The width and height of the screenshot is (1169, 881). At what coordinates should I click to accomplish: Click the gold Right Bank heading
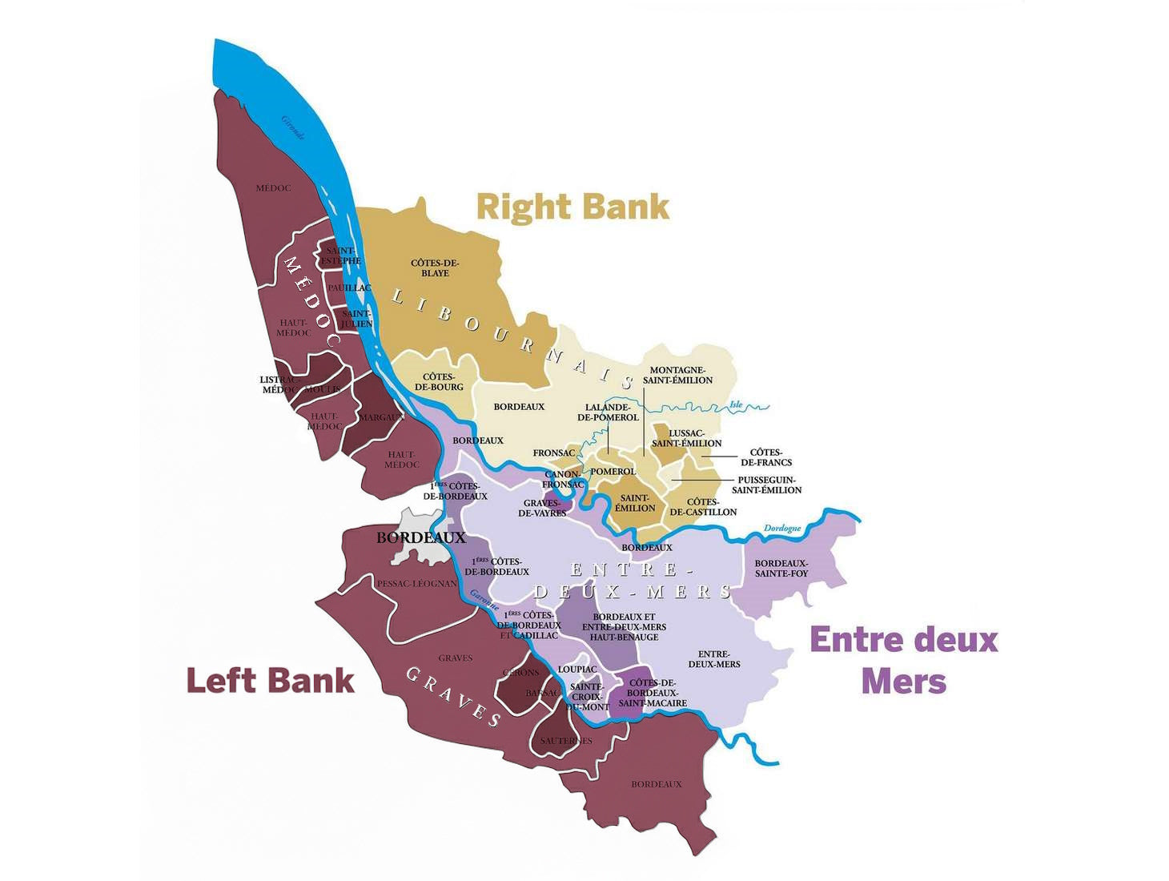click(x=572, y=207)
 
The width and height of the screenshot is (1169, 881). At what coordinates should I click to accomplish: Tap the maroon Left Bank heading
click(x=270, y=681)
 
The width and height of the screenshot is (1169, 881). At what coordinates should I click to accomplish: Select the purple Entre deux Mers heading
click(x=904, y=660)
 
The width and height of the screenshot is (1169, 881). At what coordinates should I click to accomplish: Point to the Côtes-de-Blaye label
click(x=435, y=268)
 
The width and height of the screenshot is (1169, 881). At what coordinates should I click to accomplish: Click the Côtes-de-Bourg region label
click(x=439, y=382)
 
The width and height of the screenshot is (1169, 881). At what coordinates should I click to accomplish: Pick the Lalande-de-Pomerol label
click(x=608, y=412)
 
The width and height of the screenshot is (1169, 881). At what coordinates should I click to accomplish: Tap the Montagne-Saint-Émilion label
click(x=677, y=375)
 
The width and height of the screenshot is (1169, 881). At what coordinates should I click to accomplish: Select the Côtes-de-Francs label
click(x=766, y=457)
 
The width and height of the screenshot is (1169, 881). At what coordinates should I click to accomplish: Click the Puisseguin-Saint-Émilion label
click(x=766, y=485)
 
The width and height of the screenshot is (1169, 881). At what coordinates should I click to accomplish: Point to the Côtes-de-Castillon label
click(x=703, y=507)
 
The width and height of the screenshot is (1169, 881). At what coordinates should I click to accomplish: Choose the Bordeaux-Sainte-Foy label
click(x=781, y=568)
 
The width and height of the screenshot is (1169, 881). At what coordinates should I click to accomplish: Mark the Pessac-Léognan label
click(x=416, y=584)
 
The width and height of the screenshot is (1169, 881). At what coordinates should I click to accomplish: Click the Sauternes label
click(x=566, y=741)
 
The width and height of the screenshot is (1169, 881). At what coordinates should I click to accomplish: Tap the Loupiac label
click(x=577, y=669)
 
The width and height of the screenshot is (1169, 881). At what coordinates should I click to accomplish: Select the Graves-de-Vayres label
click(x=542, y=508)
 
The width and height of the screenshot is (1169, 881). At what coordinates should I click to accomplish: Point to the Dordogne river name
click(x=782, y=529)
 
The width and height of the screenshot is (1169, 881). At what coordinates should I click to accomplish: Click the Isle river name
click(x=736, y=405)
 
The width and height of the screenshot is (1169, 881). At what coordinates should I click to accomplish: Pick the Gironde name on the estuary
click(x=293, y=127)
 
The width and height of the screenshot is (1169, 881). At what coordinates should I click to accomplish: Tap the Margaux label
click(x=381, y=417)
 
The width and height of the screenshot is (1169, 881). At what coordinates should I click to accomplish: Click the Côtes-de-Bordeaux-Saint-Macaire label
click(x=653, y=693)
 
